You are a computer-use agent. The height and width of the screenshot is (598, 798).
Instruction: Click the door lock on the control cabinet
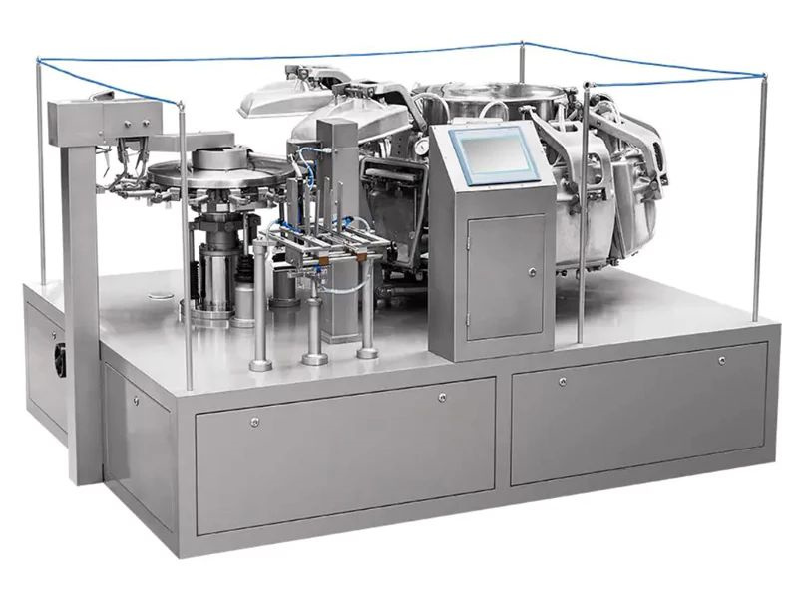pyautogui.click(x=532, y=271)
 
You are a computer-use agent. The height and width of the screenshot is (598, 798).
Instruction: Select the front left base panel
pyautogui.click(x=344, y=453)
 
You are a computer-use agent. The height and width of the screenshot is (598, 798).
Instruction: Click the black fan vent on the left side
pyautogui.click(x=60, y=358)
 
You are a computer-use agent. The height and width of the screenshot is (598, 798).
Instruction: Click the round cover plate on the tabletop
pyautogui.click(x=160, y=295)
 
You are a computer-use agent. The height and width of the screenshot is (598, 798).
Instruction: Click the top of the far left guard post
pyautogui.click(x=40, y=61)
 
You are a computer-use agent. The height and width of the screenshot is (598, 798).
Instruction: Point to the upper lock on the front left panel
pyautogui.click(x=442, y=397)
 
